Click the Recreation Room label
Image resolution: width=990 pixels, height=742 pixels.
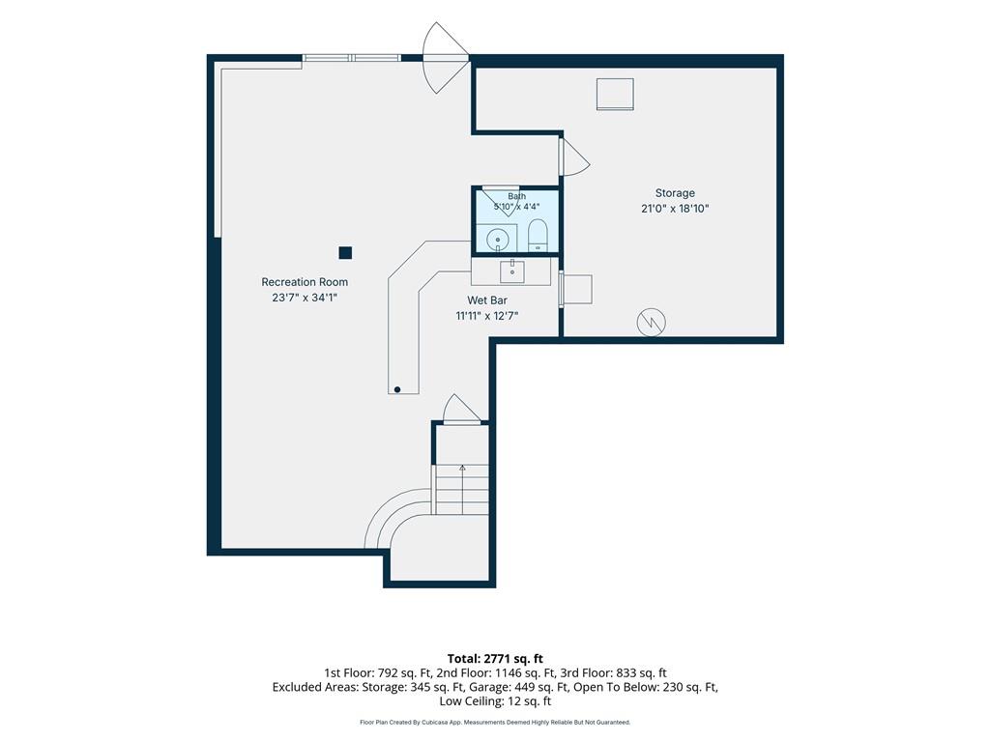coord(305,282)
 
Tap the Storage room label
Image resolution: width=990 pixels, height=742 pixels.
coord(675,193)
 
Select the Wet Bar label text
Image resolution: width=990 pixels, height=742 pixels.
coord(487,300)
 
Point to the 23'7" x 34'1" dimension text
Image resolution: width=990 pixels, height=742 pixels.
coord(305,298)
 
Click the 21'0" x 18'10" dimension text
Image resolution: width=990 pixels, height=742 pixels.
coord(675,209)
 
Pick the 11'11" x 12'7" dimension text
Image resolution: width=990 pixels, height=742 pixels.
coord(487,316)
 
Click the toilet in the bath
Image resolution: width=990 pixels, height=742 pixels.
coord(538,236)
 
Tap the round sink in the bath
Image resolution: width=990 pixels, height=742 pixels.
coord(498,240)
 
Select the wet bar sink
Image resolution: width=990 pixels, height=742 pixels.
coord(512,271)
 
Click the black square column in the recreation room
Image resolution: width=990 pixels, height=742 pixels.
coord(345,253)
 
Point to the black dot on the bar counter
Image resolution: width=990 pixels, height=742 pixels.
coord(397,390)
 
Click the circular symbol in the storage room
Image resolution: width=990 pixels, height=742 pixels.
coord(651,323)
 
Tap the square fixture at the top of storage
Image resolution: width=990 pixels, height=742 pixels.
coord(615,94)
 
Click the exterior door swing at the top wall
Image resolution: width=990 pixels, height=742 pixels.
coord(445,58)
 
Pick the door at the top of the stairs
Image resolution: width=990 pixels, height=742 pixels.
coord(461,410)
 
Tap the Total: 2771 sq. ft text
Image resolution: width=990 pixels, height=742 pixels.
coord(495,659)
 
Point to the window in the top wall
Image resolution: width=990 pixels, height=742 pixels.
coord(351,58)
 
